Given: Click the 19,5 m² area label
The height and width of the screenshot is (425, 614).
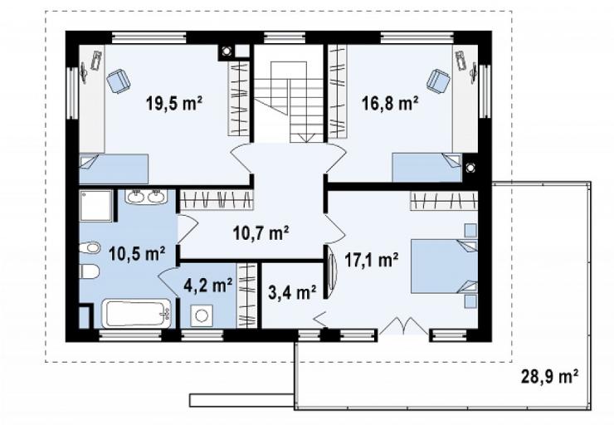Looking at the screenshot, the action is [174, 104].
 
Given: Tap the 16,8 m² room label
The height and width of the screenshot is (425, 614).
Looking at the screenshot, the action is [390, 104].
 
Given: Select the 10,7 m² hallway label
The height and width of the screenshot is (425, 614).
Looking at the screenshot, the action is [261, 233].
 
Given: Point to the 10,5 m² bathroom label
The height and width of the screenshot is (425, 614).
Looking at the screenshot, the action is [137, 253].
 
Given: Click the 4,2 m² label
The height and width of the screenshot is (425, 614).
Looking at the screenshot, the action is [208, 285].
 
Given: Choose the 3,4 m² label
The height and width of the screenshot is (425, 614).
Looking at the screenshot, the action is [293, 292].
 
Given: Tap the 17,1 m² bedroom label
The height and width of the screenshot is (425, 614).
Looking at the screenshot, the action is [372, 259].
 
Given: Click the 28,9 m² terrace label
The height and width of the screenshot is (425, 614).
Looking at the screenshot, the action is [550, 376].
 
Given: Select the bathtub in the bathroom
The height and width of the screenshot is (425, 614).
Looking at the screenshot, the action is [136, 314].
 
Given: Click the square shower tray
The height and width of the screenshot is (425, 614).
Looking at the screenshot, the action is [96, 206].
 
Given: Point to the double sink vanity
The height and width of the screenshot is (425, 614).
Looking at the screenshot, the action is [146, 196].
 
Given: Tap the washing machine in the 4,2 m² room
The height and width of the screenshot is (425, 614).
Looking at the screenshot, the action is [202, 315].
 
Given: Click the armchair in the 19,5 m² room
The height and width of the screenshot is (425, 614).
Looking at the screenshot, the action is [119, 81].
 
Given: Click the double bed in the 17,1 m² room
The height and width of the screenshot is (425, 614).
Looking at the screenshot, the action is [444, 266].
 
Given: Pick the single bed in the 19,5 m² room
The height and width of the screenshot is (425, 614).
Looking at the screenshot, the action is [114, 169].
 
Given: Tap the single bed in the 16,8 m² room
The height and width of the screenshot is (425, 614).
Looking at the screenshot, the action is [427, 167].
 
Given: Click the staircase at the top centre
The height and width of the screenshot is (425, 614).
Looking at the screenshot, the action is [289, 94].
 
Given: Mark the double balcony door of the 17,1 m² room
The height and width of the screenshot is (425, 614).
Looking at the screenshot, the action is [404, 327].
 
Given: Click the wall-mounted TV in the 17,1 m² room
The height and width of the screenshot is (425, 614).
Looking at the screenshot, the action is [333, 271].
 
